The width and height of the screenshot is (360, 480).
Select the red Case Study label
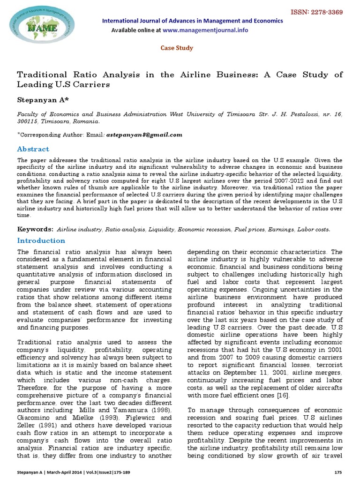[x=177, y=48]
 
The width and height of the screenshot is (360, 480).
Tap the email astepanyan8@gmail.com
[x=143, y=135]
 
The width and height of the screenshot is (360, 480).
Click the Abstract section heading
[x=33, y=149]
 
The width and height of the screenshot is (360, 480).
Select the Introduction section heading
[x=41, y=240]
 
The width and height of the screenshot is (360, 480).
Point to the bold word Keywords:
[x=36, y=229]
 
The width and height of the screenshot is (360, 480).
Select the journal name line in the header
[x=192, y=21]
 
